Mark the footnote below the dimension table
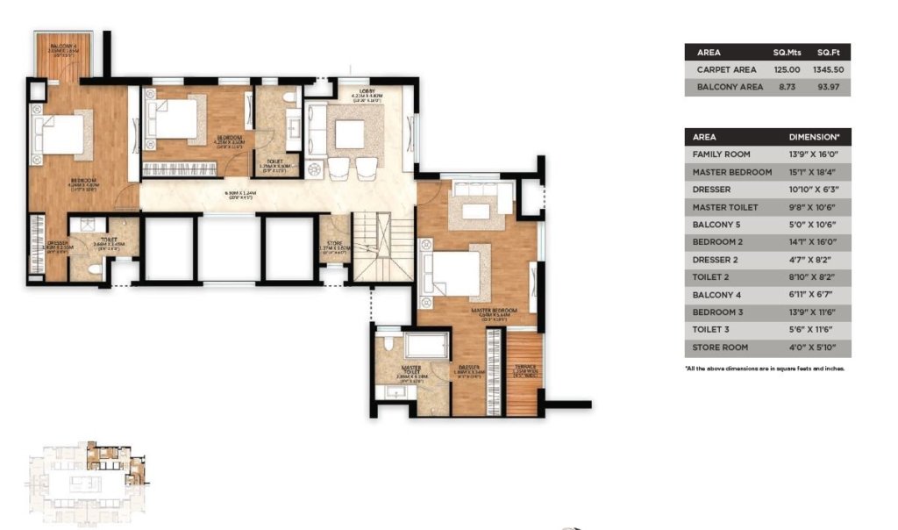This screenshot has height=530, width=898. [764, 369]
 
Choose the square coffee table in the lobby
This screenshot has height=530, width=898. [349, 134]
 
